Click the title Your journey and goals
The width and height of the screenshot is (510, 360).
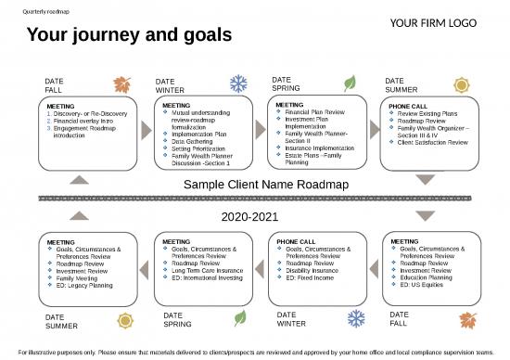tap(129, 36)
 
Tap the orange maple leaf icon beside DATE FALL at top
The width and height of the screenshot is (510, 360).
tap(122, 85)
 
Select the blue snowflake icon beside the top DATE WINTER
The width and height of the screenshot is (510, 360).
tap(238, 84)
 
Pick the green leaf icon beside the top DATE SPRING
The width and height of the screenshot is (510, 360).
tap(350, 82)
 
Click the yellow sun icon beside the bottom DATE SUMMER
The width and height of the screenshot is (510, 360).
tap(125, 321)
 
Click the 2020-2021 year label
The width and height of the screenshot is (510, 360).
tap(254, 216)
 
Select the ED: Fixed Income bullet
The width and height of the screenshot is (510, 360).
tap(311, 277)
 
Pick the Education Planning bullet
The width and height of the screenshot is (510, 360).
tap(427, 277)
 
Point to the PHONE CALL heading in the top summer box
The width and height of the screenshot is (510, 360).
tap(408, 106)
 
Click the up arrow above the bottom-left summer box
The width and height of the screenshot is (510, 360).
tap(82, 216)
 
